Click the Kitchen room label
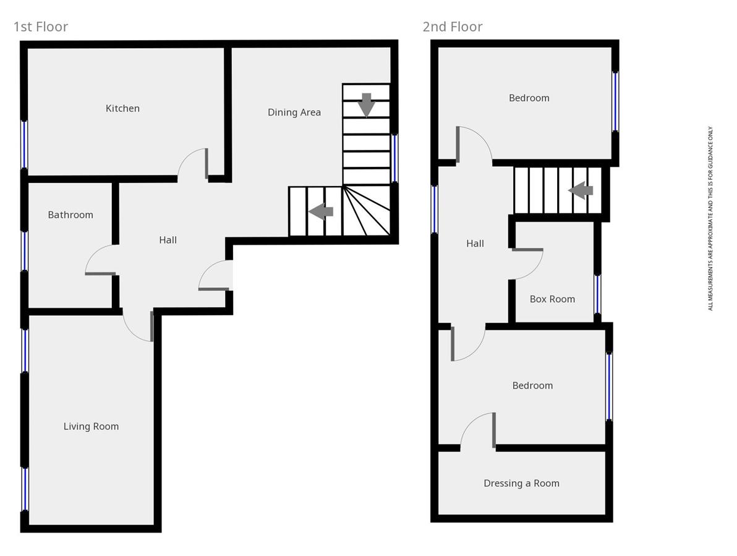tap(122, 108)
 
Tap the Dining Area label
tap(294, 112)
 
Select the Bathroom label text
tap(70, 215)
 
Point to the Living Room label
tap(91, 426)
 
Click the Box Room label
tap(552, 299)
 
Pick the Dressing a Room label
tap(521, 483)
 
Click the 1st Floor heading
tap(41, 27)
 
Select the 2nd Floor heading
tap(453, 27)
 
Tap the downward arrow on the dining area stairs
tap(367, 104)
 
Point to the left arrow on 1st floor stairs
tap(321, 211)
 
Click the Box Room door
tap(529, 263)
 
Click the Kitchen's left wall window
tap(25, 144)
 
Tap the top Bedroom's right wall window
tap(615, 101)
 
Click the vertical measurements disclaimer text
tap(710, 219)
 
